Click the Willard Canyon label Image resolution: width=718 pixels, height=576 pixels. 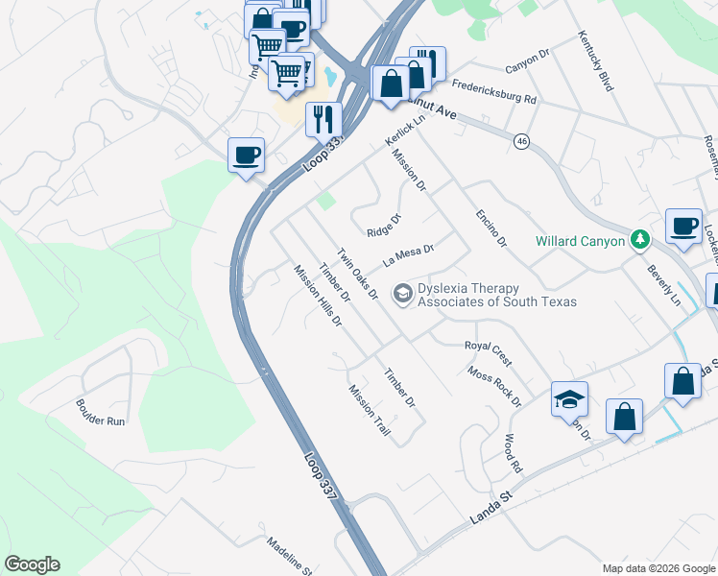point(580,241)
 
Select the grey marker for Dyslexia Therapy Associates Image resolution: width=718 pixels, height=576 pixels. point(403,292)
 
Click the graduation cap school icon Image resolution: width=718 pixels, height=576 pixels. point(569,398)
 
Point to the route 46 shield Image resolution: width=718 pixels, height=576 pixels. point(521,141)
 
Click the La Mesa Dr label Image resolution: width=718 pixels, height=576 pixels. point(409,254)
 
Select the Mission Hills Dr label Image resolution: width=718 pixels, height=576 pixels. point(318,296)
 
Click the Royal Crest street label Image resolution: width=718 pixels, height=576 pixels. point(488,352)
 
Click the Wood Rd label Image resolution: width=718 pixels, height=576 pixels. point(512,453)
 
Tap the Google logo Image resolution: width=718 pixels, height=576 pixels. point(32,564)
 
